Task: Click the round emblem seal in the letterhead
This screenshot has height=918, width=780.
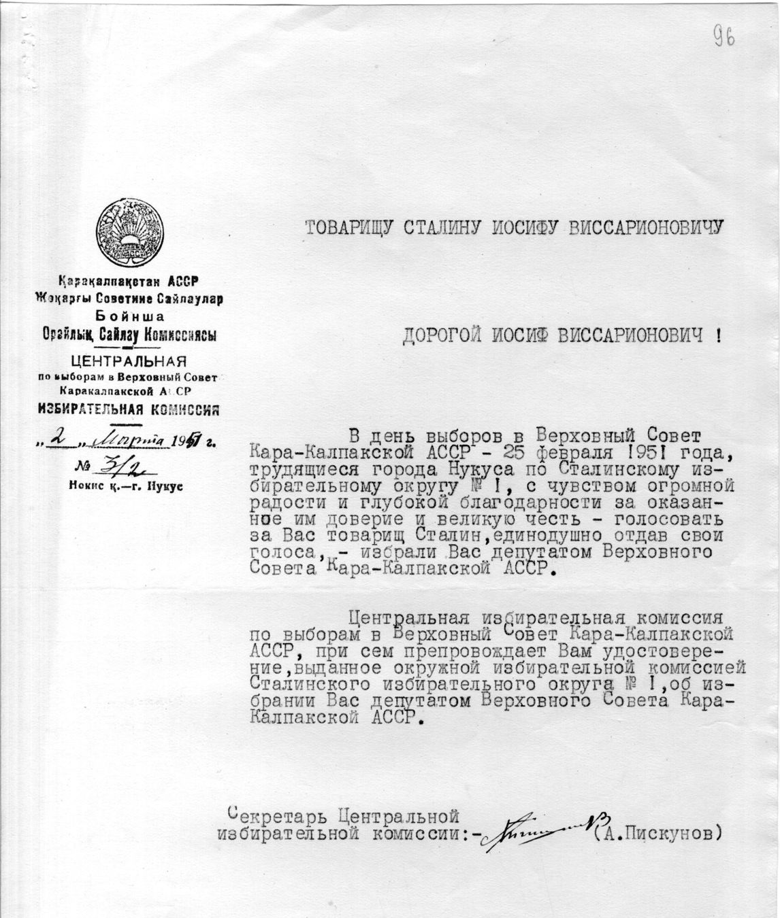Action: click(130, 233)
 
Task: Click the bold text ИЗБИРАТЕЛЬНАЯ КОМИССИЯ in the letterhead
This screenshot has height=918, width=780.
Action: click(129, 409)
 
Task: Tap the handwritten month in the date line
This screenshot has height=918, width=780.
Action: click(133, 440)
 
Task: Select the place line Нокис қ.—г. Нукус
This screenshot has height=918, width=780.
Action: click(125, 486)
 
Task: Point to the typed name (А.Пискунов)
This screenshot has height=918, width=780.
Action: click(656, 832)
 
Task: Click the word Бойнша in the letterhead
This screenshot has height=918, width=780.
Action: click(129, 316)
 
